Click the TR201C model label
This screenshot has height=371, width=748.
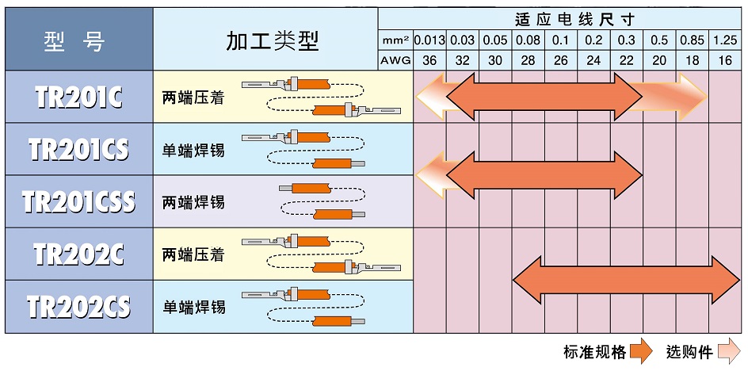78,97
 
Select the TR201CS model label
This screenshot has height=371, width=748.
78,149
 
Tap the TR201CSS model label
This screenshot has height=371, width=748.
78,201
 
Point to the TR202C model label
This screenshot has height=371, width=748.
78,254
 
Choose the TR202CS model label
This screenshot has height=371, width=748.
78,307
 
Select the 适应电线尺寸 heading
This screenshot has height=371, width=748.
563,17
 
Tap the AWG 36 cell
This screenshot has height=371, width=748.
429,60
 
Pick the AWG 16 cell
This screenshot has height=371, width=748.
724,60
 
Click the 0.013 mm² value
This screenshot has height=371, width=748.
429,40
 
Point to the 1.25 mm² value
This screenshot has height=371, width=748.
724,40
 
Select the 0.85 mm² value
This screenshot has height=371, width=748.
692,40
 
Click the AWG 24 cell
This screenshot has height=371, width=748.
593,60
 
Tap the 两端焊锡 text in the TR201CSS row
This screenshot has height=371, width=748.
193,202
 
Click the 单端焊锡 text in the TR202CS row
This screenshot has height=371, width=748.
193,307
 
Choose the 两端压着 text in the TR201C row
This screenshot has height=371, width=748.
193,97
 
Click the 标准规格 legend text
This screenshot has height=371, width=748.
594,352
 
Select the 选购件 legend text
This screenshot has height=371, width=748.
689,352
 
